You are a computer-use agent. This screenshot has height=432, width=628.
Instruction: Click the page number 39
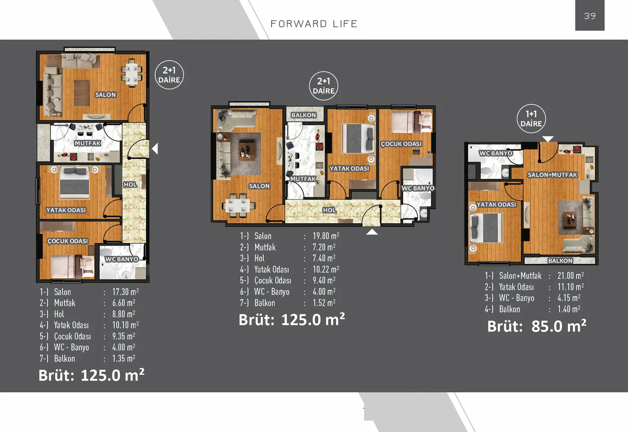(x=589, y=16)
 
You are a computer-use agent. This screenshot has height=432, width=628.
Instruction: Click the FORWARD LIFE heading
(x=314, y=24)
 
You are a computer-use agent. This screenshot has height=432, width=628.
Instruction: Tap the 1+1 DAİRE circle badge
(x=531, y=119)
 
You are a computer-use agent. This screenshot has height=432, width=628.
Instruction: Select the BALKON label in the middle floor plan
(x=304, y=115)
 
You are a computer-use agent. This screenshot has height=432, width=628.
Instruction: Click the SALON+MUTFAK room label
(x=552, y=175)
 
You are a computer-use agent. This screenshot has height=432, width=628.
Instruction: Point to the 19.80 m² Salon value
(x=326, y=236)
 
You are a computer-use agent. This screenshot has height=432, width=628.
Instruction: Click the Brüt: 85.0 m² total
(x=537, y=326)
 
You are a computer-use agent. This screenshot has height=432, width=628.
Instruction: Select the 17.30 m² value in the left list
(x=125, y=292)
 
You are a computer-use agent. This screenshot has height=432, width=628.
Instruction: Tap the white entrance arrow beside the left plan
(x=155, y=149)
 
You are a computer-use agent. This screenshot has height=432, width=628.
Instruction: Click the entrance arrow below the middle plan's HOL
(x=372, y=231)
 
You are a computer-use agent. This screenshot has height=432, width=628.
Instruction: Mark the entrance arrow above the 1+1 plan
(x=548, y=139)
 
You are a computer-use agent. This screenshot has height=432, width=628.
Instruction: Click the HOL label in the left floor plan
(x=130, y=184)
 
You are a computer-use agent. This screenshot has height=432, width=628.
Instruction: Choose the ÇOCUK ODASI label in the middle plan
(x=401, y=144)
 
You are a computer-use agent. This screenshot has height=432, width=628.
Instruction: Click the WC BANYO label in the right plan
(x=496, y=153)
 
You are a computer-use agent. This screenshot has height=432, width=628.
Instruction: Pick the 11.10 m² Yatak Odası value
(x=570, y=287)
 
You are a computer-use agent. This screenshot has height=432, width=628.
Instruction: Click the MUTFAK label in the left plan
(x=88, y=143)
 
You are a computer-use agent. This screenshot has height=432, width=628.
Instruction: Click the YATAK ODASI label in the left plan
(x=66, y=210)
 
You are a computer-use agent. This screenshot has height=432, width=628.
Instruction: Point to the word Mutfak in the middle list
(x=265, y=247)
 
